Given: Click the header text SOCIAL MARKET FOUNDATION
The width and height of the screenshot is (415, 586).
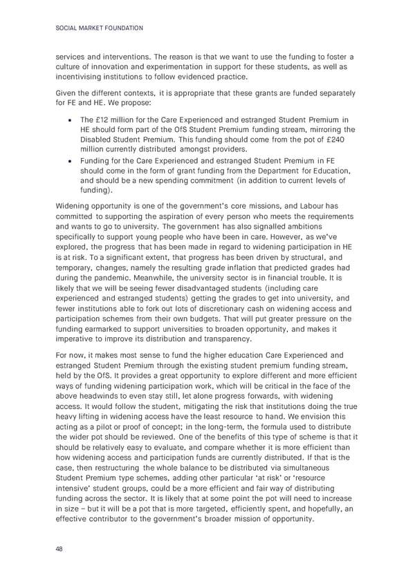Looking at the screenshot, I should click(x=98, y=28).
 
